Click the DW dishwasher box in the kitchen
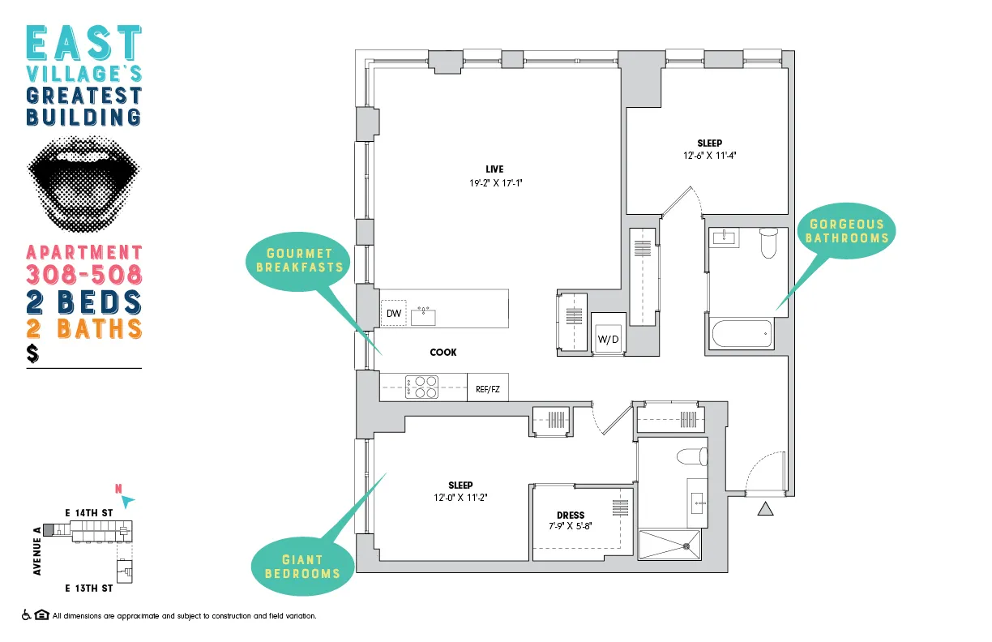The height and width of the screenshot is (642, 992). [x=394, y=313]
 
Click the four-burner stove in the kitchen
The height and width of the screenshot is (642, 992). [x=422, y=387]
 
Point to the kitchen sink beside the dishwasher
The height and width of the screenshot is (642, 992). [x=423, y=315]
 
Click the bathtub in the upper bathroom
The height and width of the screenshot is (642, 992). [x=740, y=332]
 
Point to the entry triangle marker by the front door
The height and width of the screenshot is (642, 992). [x=764, y=509]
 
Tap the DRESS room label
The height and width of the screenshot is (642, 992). [x=571, y=515]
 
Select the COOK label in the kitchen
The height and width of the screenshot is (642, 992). [x=443, y=352]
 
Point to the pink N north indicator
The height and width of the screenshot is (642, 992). [x=118, y=489]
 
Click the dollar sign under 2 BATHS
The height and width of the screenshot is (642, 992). [x=32, y=353]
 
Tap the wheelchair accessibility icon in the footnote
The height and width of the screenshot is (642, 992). [x=27, y=615]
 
